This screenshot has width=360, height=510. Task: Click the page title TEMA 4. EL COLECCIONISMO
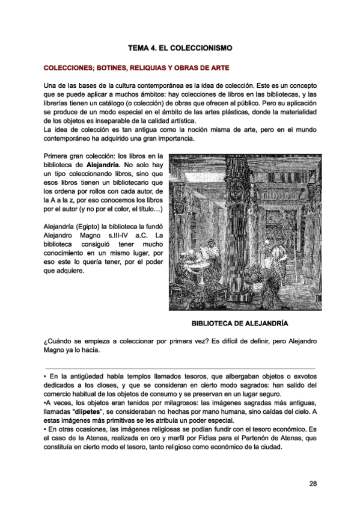(180, 47)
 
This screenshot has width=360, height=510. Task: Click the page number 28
(313, 483)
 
